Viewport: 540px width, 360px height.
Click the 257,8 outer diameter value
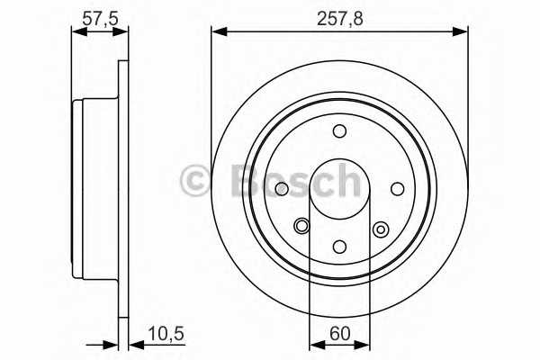[338, 15]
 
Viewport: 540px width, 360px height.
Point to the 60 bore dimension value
[339, 334]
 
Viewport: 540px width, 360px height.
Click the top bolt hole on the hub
[339, 132]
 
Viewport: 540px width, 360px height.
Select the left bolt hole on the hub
[282, 189]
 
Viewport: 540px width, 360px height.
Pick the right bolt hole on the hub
[397, 189]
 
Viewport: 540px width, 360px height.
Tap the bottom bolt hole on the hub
[339, 247]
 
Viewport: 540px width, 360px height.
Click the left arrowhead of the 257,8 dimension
[217, 32]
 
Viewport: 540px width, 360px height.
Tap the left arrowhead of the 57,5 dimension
[76, 32]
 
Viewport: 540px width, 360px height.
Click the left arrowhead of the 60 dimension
[314, 343]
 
